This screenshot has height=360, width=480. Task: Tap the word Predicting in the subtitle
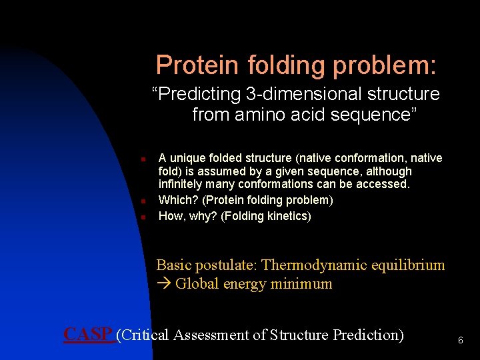199,94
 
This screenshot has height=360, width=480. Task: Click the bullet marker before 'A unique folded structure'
143,160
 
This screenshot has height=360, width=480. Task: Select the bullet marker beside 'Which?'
143,201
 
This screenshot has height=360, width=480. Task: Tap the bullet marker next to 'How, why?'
143,217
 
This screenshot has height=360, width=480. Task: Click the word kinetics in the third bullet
286,216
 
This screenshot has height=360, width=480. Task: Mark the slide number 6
460,341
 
